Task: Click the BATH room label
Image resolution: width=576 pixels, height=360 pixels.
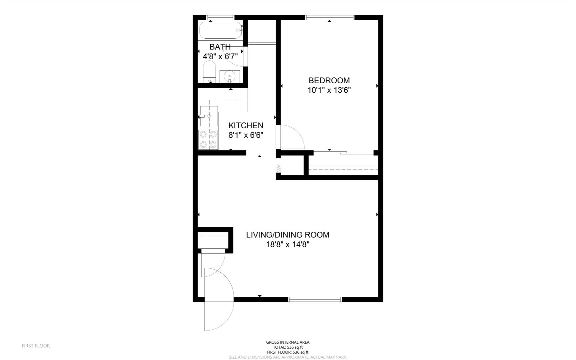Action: [220, 47]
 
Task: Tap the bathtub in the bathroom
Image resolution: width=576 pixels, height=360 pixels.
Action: [221, 31]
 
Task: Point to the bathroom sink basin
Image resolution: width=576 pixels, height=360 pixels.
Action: [230, 76]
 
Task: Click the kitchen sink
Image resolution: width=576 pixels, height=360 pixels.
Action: [209, 116]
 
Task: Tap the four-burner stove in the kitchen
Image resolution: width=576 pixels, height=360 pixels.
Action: [208, 139]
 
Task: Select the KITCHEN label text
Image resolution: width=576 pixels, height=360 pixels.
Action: [246, 125]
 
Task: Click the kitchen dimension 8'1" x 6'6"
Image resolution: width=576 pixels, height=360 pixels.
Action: [246, 135]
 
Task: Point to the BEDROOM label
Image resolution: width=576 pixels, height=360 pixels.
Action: [329, 80]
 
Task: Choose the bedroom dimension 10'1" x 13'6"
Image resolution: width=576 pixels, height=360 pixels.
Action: [329, 90]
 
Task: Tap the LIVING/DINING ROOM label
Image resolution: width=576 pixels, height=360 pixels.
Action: [288, 235]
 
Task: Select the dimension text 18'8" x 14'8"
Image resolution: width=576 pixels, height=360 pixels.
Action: [288, 244]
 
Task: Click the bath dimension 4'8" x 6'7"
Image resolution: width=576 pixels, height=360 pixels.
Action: [220, 56]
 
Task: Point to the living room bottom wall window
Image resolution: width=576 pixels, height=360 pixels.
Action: [315, 299]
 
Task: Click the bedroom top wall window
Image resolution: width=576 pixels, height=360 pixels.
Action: [330, 18]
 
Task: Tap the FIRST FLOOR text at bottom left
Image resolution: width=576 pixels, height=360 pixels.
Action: [36, 346]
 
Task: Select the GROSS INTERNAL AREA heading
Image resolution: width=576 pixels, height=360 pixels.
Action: [288, 342]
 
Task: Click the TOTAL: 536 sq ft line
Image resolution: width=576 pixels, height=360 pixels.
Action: [288, 347]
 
